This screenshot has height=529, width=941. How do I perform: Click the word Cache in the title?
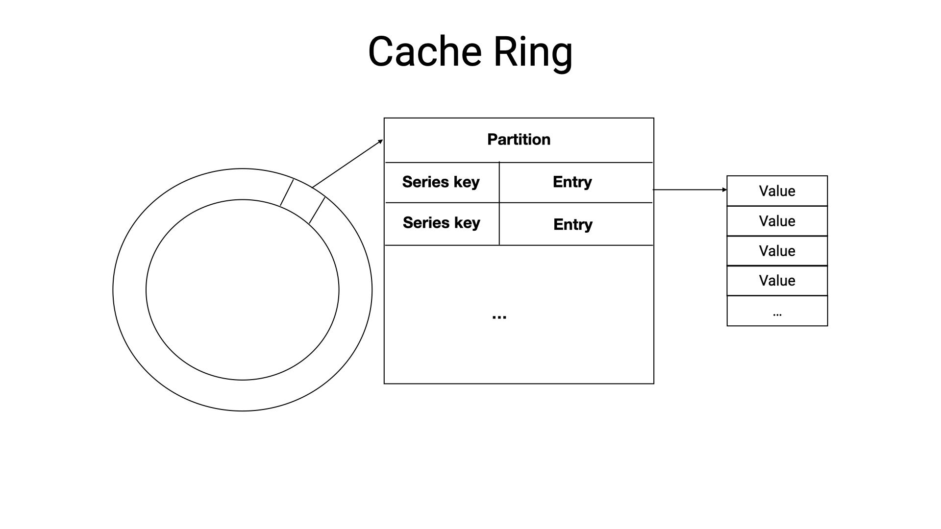pos(425,51)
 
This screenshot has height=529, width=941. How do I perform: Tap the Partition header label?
pos(519,140)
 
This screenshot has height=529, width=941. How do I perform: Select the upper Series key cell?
pos(441,182)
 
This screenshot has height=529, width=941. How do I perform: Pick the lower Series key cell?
pos(441,223)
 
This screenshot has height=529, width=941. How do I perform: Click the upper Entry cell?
pos(572,182)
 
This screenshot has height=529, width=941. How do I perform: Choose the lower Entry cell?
pos(572,224)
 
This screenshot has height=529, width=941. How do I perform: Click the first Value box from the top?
pos(777,191)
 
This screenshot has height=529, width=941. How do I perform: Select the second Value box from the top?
pos(777,221)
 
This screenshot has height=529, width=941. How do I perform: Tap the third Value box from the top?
pos(777,251)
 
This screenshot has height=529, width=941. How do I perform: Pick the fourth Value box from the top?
pos(777,281)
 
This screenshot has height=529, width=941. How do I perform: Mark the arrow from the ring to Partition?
pos(347,164)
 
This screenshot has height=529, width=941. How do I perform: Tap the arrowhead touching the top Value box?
pos(724,190)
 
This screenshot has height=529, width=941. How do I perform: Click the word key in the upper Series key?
pos(467,182)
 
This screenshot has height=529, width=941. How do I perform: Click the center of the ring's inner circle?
pos(242,289)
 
